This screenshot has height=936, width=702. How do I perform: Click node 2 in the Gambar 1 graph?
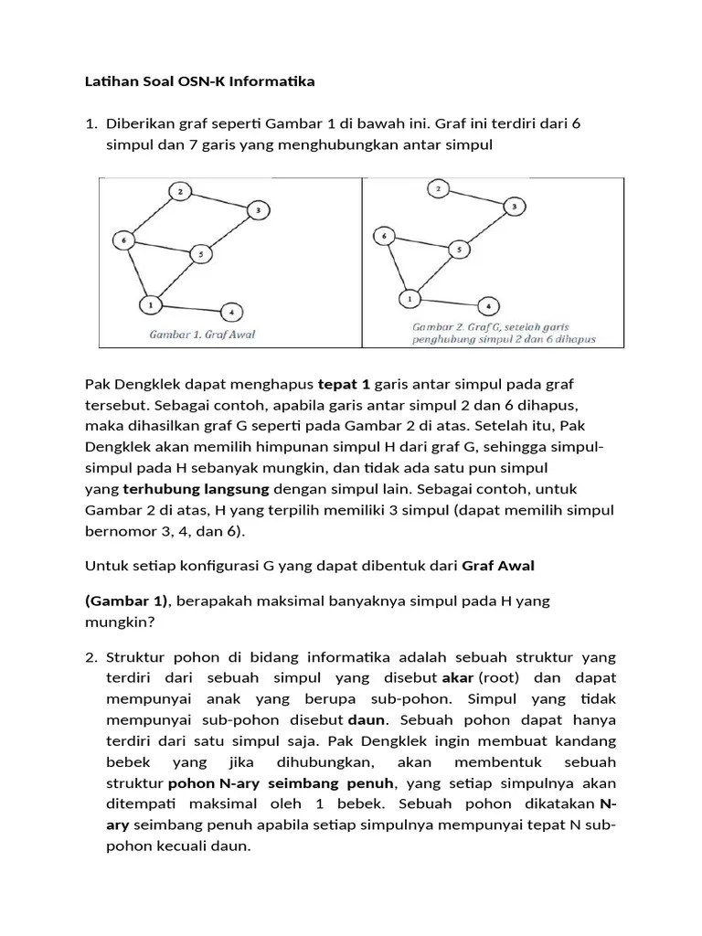180,191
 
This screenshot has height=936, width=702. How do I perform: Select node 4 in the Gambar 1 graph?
231,312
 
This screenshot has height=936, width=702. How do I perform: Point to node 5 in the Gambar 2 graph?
461,249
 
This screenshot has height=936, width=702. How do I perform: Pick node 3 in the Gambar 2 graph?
514,207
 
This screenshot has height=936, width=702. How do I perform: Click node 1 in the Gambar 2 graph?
410,298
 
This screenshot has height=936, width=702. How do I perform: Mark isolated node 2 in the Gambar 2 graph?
439,188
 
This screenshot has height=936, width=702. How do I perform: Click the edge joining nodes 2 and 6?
151,217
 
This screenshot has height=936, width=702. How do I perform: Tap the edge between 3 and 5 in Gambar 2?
488,227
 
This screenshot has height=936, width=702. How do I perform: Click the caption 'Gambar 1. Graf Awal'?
202,335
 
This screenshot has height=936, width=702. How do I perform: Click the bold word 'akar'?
457,677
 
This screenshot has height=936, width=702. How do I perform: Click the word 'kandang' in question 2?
585,740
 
